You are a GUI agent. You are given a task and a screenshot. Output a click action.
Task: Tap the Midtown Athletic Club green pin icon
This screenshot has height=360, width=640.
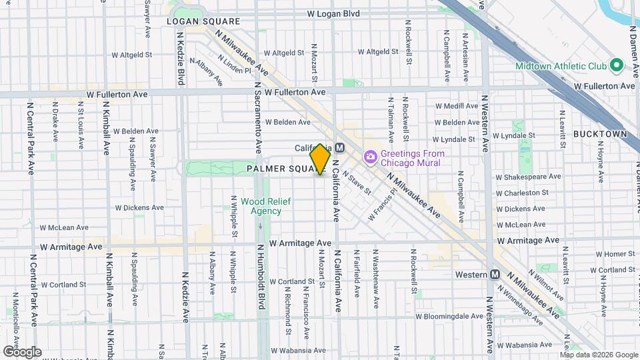point(617,66)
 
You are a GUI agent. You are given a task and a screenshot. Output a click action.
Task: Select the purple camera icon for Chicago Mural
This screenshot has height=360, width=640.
point(369,157)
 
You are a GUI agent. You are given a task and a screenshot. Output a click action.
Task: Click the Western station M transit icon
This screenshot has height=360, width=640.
point(495,275)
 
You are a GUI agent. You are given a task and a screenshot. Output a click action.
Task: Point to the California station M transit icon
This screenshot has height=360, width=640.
point(339,148)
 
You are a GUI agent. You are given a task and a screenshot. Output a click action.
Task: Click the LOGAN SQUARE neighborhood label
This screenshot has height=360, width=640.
point(193,21)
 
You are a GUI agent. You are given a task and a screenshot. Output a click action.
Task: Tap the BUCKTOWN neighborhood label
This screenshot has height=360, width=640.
point(601,134)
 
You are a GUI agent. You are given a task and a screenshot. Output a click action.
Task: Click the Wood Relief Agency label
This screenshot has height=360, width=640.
point(261,206)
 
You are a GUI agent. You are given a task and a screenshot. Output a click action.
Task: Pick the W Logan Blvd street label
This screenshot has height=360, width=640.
point(333,13)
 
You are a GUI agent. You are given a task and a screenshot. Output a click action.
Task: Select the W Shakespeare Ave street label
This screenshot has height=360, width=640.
point(529,177)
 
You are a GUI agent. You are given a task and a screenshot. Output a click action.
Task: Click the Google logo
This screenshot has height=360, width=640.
point(22,352)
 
